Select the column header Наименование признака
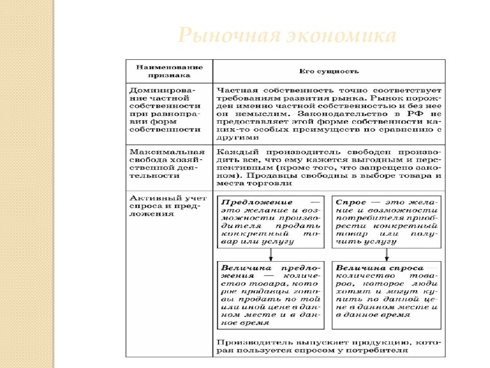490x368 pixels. [x=169, y=71]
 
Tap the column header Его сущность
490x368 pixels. [x=329, y=72]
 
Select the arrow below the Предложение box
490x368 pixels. [x=271, y=254]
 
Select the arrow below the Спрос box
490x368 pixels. [x=385, y=254]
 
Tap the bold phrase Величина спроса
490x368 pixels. [x=380, y=268]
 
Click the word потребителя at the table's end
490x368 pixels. [x=378, y=350]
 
